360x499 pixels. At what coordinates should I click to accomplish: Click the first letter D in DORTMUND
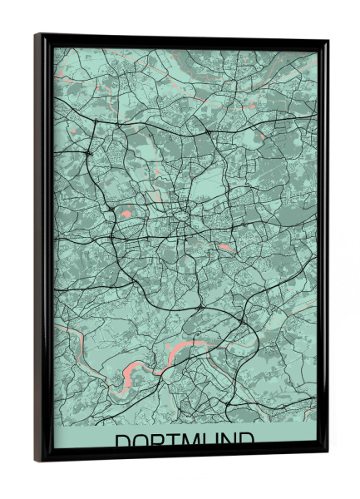pyautogui.click(x=122, y=441)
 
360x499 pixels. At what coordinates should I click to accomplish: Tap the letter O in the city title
pyautogui.click(x=141, y=441)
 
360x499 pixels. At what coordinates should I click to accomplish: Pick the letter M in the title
pyautogui.click(x=194, y=441)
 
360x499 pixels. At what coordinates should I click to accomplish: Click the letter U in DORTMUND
pyautogui.click(x=215, y=441)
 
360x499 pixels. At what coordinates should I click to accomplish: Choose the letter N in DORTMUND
pyautogui.click(x=234, y=441)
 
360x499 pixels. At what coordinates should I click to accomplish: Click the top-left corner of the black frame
pyautogui.click(x=36, y=35)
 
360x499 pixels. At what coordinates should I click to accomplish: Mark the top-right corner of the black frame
pyautogui.click(x=327, y=40)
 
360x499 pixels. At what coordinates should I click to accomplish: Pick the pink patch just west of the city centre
pyautogui.click(x=126, y=215)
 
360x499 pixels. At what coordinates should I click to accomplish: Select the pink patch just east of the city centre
pyautogui.click(x=223, y=247)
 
